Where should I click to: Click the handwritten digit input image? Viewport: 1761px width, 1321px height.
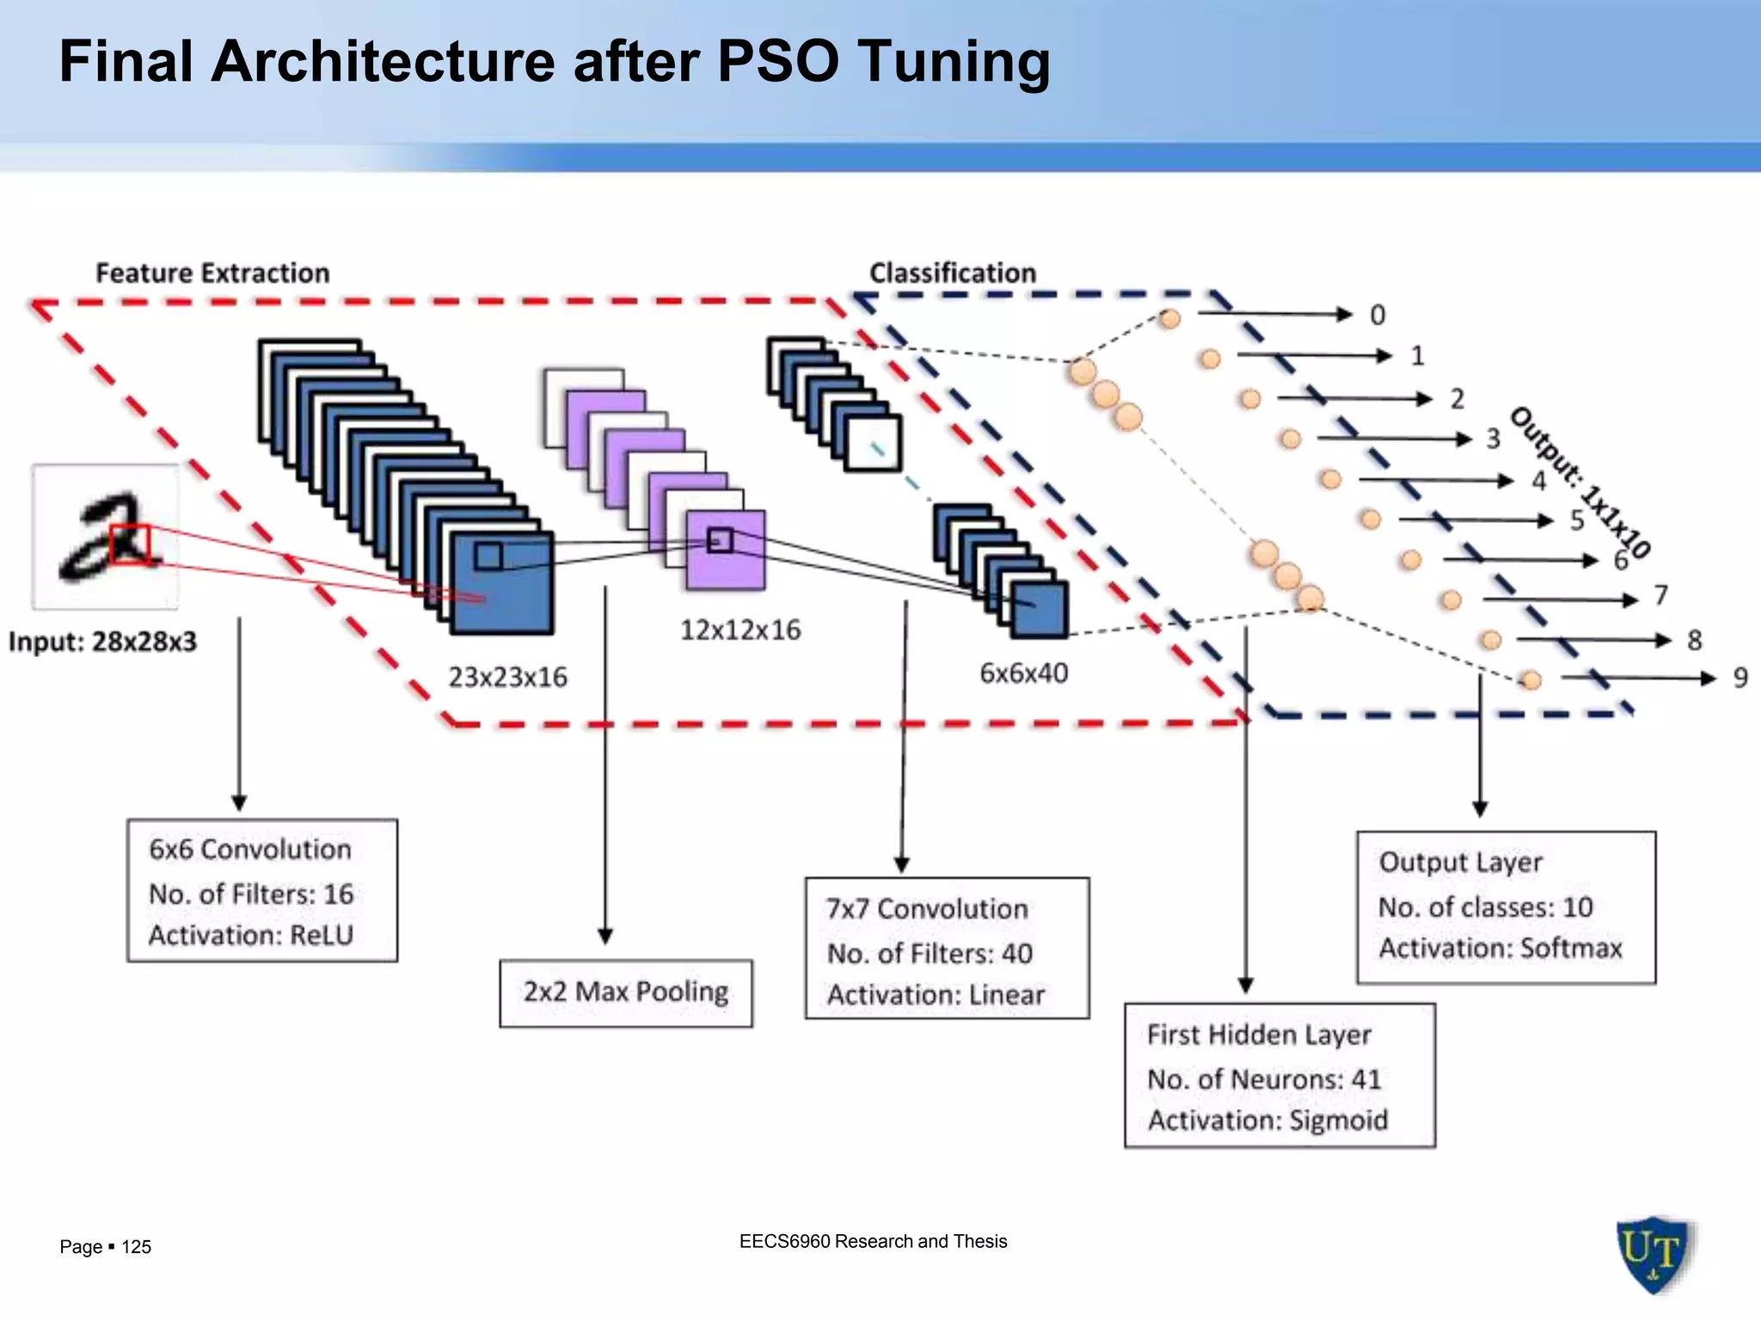106,537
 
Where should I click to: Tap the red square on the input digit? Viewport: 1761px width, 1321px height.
130,544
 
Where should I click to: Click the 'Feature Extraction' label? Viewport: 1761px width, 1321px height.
212,273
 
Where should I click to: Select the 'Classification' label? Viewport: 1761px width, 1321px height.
952,273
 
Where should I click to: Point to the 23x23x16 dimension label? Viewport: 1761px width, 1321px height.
507,677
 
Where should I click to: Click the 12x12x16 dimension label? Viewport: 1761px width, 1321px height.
740,630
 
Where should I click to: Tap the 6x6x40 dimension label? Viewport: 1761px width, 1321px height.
1023,673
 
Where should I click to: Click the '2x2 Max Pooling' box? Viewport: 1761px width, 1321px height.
625,992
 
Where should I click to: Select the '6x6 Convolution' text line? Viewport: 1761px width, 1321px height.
250,849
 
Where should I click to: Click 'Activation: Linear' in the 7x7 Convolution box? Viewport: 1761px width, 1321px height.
936,994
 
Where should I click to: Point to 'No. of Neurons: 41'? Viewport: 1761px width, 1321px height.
1264,1078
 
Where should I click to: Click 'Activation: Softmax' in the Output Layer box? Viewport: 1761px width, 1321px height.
1500,948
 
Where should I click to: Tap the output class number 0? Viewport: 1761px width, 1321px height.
1378,315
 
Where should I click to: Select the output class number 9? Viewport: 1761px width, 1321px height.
1740,678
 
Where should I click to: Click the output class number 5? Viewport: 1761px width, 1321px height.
1577,519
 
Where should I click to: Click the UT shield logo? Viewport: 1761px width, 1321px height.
1653,1253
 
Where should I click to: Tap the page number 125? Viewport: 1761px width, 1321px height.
136,1246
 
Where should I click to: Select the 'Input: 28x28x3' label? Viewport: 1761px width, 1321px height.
102,642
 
